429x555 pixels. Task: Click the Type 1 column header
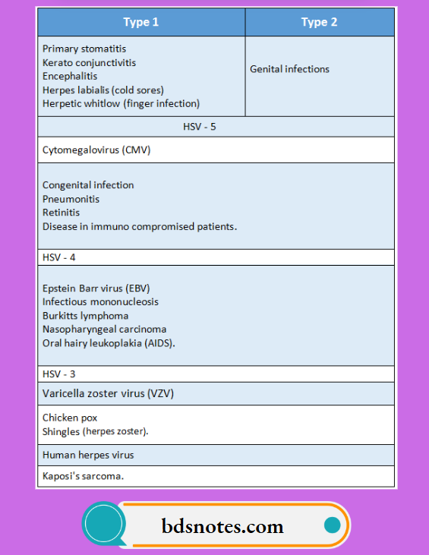tap(141, 22)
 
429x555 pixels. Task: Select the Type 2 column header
tap(319, 22)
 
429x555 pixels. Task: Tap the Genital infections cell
tap(289, 69)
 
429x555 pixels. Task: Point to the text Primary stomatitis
tap(84, 49)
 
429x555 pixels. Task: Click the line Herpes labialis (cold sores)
tap(103, 90)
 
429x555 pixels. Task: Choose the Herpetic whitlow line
tap(121, 103)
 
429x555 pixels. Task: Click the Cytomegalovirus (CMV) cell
tap(96, 150)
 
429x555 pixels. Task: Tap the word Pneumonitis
tap(71, 199)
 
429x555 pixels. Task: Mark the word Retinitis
tap(61, 213)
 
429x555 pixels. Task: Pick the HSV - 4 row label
tap(59, 257)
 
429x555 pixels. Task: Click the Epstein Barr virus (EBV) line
tap(96, 288)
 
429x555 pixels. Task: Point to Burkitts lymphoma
tap(85, 315)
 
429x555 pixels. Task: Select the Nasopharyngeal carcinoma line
tap(104, 329)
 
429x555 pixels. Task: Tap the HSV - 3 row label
tap(59, 374)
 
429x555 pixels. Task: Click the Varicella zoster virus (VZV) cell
tap(112, 393)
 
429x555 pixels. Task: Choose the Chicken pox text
tap(70, 418)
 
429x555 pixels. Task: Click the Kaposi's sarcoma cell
tap(83, 476)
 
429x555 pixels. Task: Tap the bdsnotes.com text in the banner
tap(222, 525)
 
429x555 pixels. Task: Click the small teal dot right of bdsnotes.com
tap(331, 525)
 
